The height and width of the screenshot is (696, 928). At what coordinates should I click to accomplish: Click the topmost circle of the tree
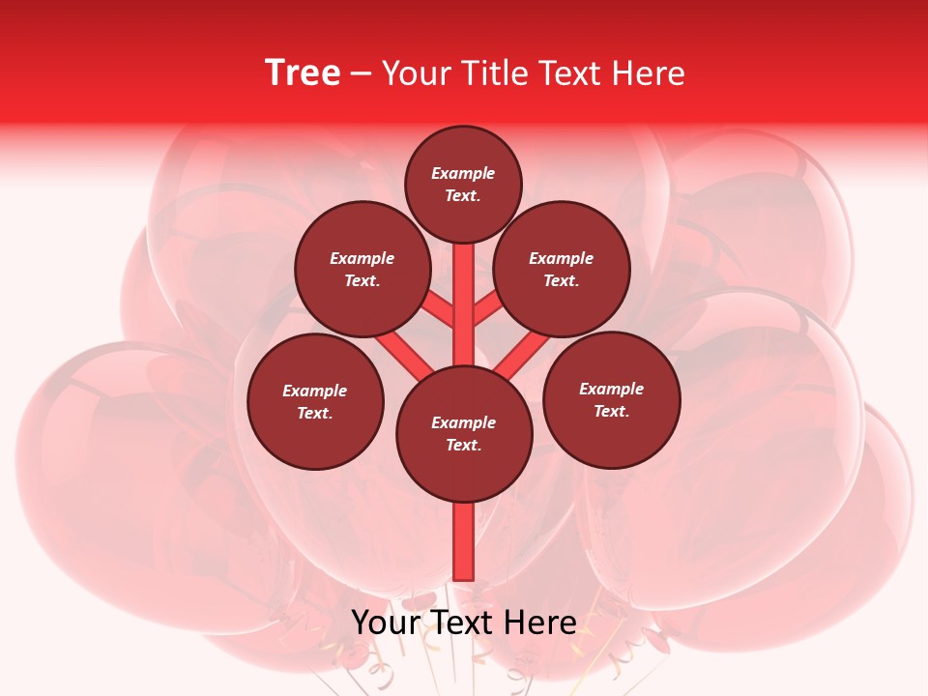pyautogui.click(x=463, y=184)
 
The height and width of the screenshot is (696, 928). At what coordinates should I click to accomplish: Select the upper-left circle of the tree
pyautogui.click(x=362, y=269)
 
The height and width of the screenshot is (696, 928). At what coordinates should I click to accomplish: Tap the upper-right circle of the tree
pyautogui.click(x=562, y=269)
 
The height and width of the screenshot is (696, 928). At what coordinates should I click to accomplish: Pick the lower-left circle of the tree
pyautogui.click(x=315, y=401)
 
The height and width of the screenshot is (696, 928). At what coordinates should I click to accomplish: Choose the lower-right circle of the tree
pyautogui.click(x=611, y=399)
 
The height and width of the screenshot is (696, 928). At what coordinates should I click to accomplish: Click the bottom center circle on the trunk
pyautogui.click(x=464, y=434)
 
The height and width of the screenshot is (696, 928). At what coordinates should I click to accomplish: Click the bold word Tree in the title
pyautogui.click(x=303, y=72)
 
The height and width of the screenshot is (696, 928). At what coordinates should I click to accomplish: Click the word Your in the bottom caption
pyautogui.click(x=387, y=623)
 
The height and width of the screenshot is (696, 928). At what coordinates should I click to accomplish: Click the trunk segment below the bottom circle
pyautogui.click(x=464, y=541)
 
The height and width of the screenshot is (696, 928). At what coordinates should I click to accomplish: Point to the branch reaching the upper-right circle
pyautogui.click(x=487, y=309)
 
